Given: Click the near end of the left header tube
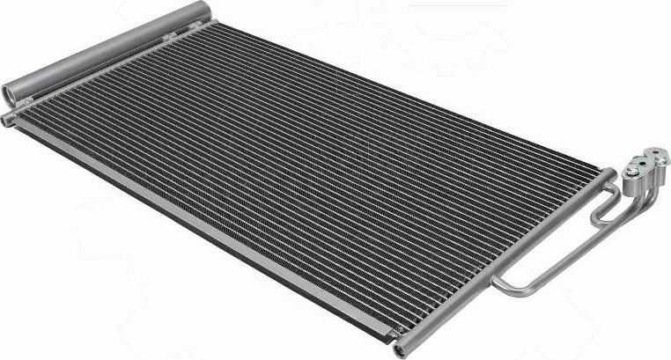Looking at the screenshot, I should (9, 117).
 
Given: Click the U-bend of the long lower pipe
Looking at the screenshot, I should (500, 283).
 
